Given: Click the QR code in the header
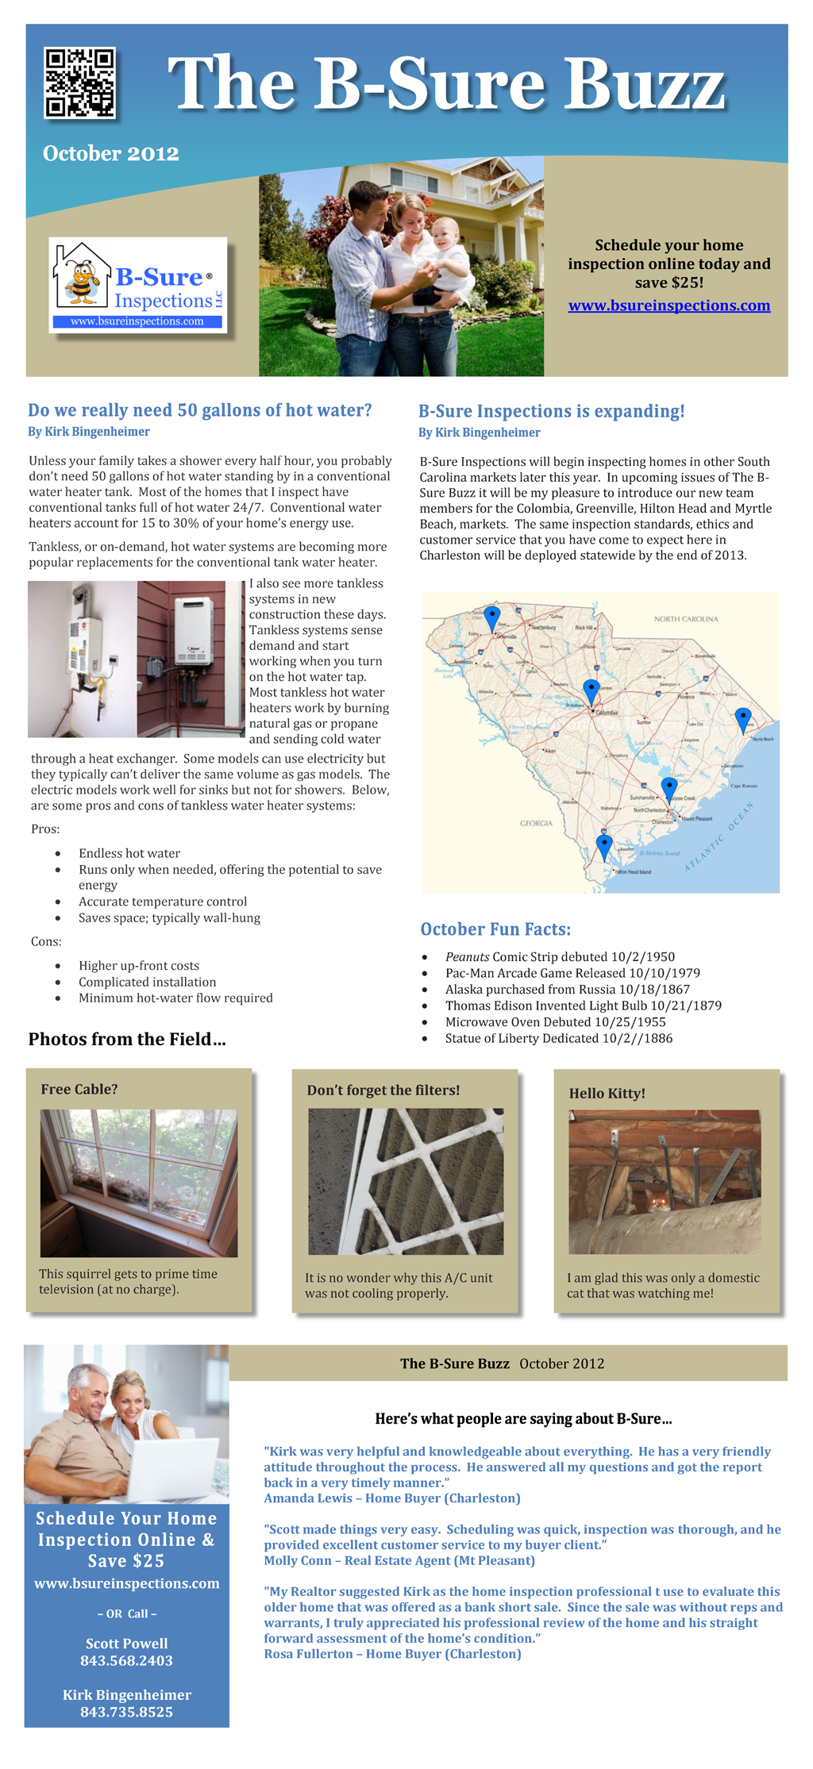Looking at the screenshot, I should pyautogui.click(x=80, y=83).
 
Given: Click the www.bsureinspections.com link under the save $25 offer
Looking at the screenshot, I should pyautogui.click(x=669, y=306).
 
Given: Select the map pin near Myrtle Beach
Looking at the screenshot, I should pyautogui.click(x=743, y=718).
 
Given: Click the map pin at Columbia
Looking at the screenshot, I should pyautogui.click(x=591, y=690).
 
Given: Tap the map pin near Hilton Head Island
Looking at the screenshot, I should pyautogui.click(x=604, y=845).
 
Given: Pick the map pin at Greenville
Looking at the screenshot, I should pyautogui.click(x=492, y=617).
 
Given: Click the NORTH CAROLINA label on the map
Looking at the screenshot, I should pyautogui.click(x=685, y=619).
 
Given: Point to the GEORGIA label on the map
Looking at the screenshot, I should pyautogui.click(x=536, y=823).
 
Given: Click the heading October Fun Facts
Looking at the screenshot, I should pyautogui.click(x=495, y=929).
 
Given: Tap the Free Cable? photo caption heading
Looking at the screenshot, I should pyautogui.click(x=79, y=1090).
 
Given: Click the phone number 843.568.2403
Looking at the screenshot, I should pyautogui.click(x=126, y=1660).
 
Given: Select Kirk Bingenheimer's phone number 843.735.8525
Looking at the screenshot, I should pyautogui.click(x=126, y=1712).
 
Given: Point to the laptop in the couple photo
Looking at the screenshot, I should pyautogui.click(x=175, y=1467).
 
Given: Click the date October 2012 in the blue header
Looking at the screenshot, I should pyautogui.click(x=111, y=153).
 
